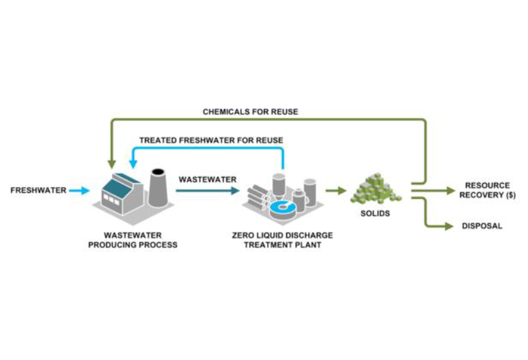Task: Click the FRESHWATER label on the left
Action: pyautogui.click(x=38, y=190)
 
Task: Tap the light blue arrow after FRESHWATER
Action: pyautogui.click(x=79, y=190)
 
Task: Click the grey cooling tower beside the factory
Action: pyautogui.click(x=157, y=188)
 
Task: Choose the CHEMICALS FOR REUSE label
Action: pyautogui.click(x=250, y=111)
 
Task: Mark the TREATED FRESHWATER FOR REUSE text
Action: pyautogui.click(x=211, y=140)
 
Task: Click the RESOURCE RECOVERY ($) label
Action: pyautogui.click(x=487, y=190)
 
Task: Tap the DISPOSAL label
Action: pyautogui.click(x=482, y=226)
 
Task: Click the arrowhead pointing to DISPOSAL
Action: pyautogui.click(x=448, y=226)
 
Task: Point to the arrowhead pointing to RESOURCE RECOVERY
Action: pyautogui.click(x=450, y=190)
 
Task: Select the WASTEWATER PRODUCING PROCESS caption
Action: pyautogui.click(x=132, y=240)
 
